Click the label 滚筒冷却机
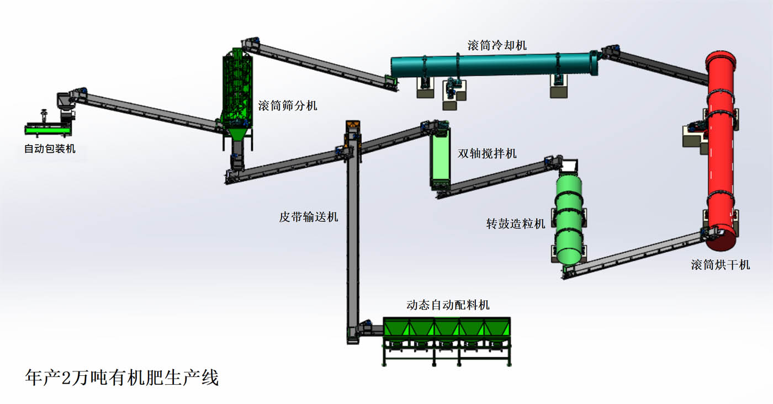(497, 45)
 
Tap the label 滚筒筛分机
(288, 105)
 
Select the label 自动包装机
(50, 148)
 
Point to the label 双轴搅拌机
(487, 153)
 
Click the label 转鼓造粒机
(515, 224)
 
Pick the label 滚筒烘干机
(721, 264)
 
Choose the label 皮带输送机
(308, 217)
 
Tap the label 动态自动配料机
(448, 305)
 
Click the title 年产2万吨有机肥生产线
(122, 378)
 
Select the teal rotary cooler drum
(491, 65)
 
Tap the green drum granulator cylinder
(569, 218)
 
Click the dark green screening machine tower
(237, 88)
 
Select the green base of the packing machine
(48, 130)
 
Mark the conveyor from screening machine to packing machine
(149, 111)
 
